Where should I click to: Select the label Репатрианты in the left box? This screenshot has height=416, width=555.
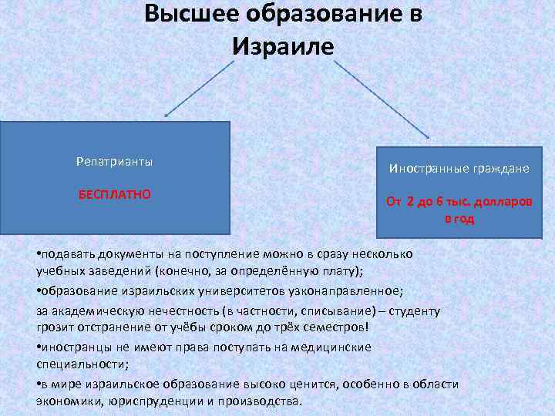pos(115,162)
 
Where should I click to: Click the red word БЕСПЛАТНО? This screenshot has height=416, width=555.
pos(115,195)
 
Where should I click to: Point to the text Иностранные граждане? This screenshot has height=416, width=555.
pos(459,168)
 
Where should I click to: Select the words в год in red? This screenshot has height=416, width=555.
pos(459,219)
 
